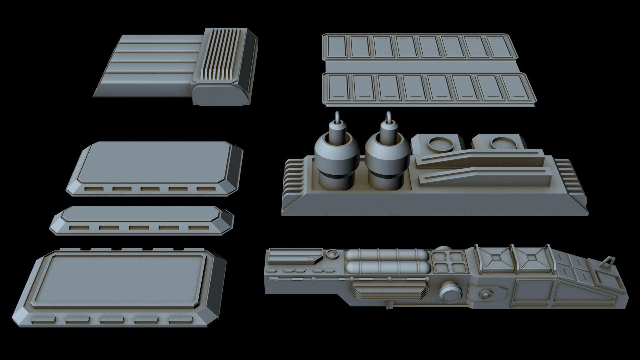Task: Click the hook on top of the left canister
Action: pyautogui.click(x=338, y=117)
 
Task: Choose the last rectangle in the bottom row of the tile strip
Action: pyautogui.click(x=517, y=88)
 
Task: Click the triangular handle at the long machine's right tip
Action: pyautogui.click(x=607, y=261)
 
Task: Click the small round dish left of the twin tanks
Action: pyautogui.click(x=332, y=254)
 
